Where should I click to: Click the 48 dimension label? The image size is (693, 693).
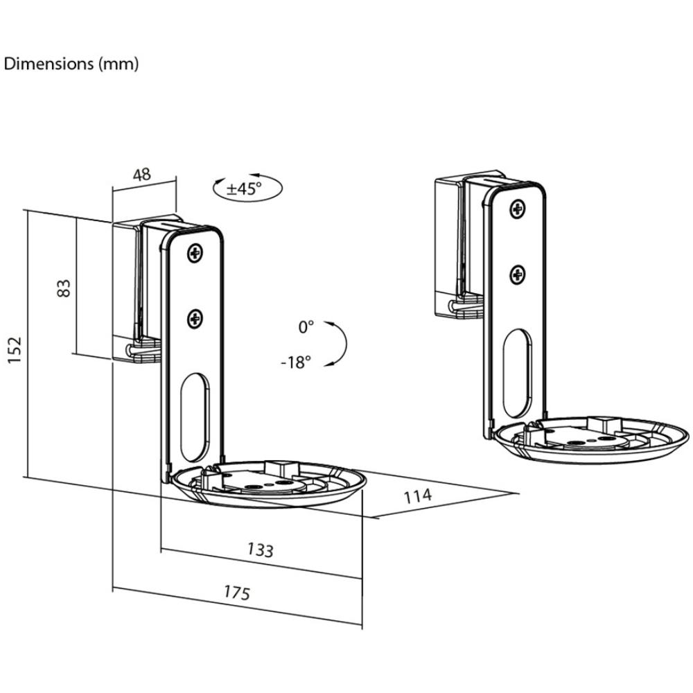(142, 175)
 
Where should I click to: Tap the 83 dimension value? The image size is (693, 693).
(64, 288)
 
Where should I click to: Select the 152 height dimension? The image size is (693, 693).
(14, 349)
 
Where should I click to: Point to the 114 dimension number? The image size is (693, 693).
(418, 496)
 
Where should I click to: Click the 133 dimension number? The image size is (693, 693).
(261, 550)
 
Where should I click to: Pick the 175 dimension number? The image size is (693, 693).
(237, 592)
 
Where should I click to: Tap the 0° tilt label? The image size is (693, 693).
(306, 327)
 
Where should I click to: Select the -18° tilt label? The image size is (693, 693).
(296, 362)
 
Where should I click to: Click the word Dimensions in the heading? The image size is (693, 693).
(49, 64)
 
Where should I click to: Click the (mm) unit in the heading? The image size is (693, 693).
(118, 64)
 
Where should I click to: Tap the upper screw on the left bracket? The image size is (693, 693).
(195, 253)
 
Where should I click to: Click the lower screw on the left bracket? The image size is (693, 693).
(195, 319)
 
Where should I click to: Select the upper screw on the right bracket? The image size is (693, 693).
(518, 209)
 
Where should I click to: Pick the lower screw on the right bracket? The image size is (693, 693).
(518, 275)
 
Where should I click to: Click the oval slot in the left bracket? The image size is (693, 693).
(195, 417)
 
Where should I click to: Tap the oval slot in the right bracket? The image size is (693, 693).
(518, 374)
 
